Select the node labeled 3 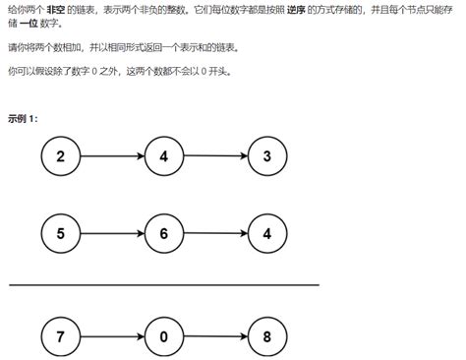tap(268, 155)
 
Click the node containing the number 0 tap(164, 335)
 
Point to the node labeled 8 tap(268, 335)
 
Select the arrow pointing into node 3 tap(216, 155)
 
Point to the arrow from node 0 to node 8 tap(216, 335)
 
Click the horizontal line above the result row tap(164, 285)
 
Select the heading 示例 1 tap(23, 118)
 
